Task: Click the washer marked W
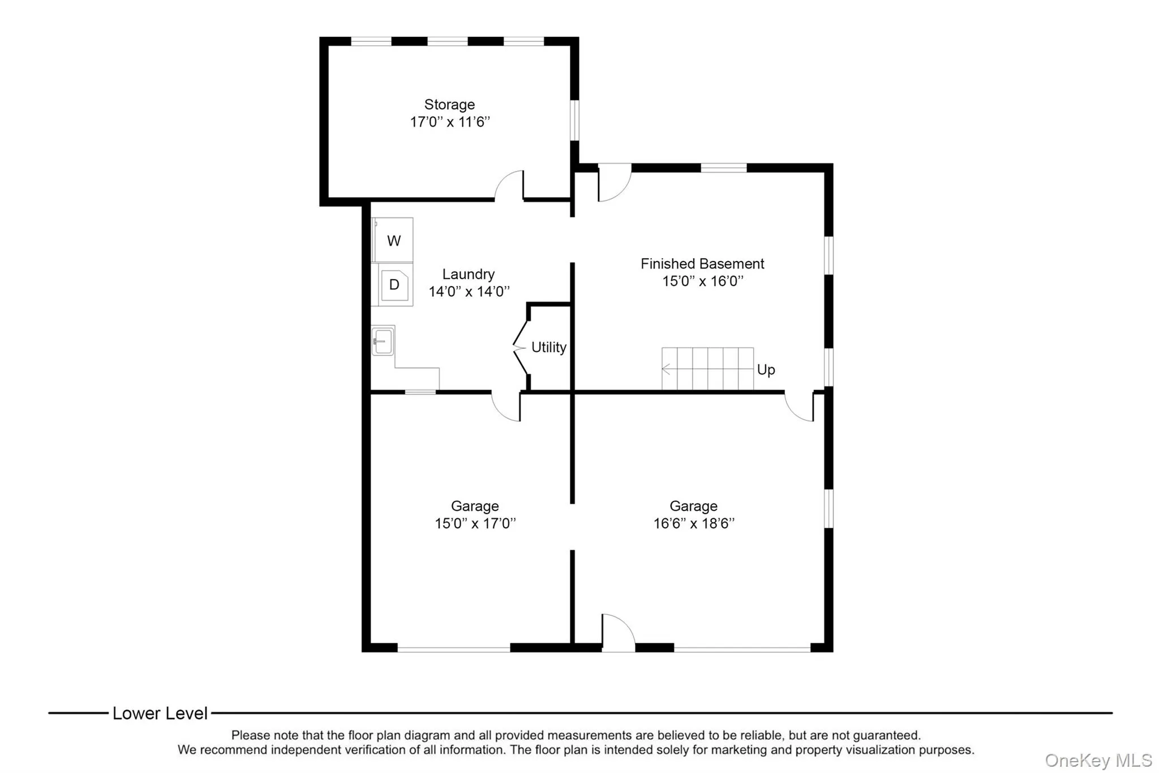point(394,241)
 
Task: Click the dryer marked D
point(394,285)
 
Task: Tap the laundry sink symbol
point(383,341)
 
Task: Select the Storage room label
point(449,105)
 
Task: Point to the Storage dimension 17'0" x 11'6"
point(449,122)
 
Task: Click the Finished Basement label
point(702,264)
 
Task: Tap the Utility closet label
point(548,347)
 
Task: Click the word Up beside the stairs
point(766,370)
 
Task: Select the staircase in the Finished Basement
point(707,369)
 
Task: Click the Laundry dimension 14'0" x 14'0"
point(469,292)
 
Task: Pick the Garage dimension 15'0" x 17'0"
point(475,523)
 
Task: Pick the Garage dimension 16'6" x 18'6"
point(693,523)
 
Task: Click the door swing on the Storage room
point(510,186)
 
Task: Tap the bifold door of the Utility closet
point(521,347)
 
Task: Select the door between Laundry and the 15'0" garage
point(506,406)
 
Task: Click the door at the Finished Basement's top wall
point(614,182)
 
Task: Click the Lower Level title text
point(160,713)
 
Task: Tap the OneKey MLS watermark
point(1098,760)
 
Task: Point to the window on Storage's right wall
point(574,119)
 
